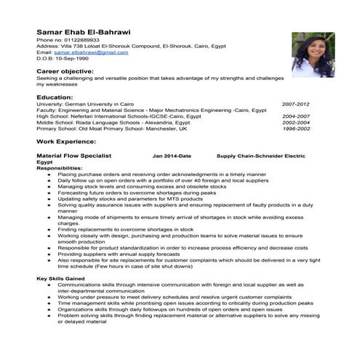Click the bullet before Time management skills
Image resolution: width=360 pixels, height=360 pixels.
(x=48, y=303)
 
